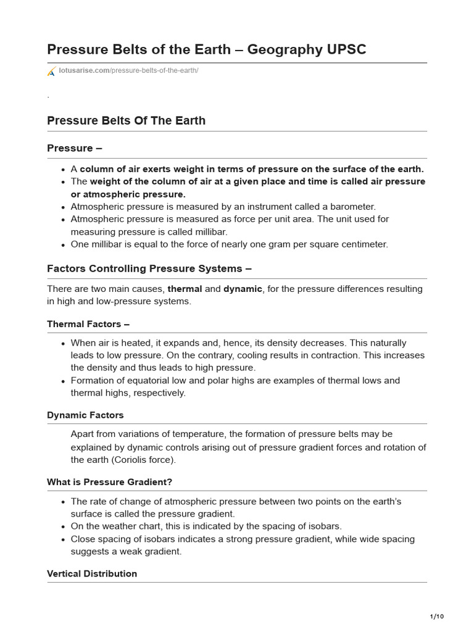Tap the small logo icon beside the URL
pos(52,72)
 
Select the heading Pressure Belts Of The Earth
pos(126,120)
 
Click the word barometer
pos(352,206)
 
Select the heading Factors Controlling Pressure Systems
pos(149,268)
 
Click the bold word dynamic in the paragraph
pos(243,289)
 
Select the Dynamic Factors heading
pos(85,415)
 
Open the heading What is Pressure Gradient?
pos(114,481)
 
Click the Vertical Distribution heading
pos(92,573)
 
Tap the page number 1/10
pos(436,617)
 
